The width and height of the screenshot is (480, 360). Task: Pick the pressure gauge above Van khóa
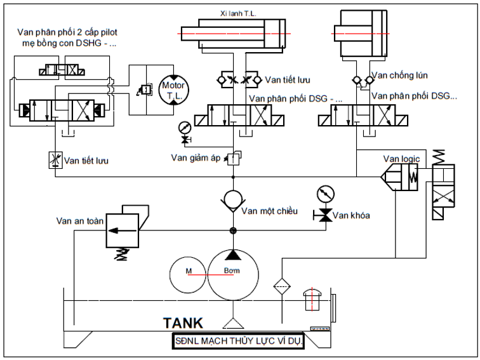point(324,194)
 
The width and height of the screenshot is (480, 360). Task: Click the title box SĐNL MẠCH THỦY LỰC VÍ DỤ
point(241,342)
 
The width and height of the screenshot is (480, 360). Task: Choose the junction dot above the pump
point(234,230)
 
